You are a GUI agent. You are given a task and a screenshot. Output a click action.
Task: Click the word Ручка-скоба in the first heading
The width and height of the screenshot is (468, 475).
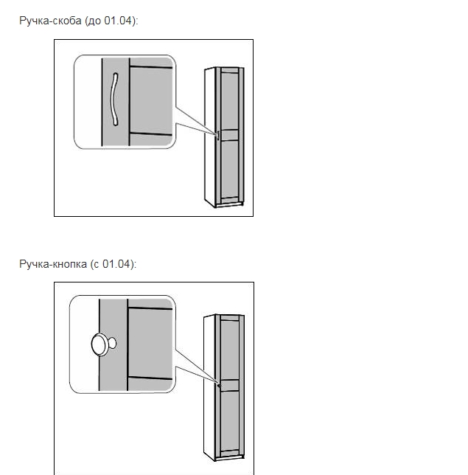50,21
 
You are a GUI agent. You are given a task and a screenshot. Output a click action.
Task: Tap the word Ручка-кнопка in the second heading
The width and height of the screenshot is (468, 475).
53,264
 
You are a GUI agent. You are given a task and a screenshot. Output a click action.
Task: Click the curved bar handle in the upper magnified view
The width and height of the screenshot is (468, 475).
114,99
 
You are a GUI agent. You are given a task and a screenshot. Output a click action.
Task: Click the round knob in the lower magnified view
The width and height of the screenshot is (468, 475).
100,344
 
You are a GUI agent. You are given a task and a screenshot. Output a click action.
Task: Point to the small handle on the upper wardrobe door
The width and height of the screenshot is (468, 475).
217,135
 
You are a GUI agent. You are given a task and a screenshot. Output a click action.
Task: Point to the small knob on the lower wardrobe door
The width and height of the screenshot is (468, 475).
219,386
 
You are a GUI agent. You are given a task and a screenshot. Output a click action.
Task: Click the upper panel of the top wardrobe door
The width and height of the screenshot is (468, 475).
230,101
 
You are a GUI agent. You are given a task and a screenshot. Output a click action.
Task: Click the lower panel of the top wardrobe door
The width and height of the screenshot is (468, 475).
230,169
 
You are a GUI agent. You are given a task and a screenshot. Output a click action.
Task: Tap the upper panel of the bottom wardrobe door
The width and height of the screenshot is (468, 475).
230,350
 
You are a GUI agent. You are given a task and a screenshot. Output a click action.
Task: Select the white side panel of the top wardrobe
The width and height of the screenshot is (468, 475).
209,136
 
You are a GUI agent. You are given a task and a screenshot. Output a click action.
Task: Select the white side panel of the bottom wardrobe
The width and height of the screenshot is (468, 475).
209,387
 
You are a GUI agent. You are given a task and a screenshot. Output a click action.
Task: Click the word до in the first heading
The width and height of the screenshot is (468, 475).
94,21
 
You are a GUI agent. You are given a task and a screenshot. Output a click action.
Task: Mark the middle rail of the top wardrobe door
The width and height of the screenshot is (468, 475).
230,135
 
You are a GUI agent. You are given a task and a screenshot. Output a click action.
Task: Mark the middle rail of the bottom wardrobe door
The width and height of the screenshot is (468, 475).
230,385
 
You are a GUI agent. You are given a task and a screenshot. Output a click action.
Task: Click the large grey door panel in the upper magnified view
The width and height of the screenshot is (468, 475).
151,100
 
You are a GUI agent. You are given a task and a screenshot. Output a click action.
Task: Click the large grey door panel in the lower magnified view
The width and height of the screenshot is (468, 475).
150,343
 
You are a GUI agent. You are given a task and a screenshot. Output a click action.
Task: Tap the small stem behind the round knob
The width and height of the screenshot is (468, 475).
112,343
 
